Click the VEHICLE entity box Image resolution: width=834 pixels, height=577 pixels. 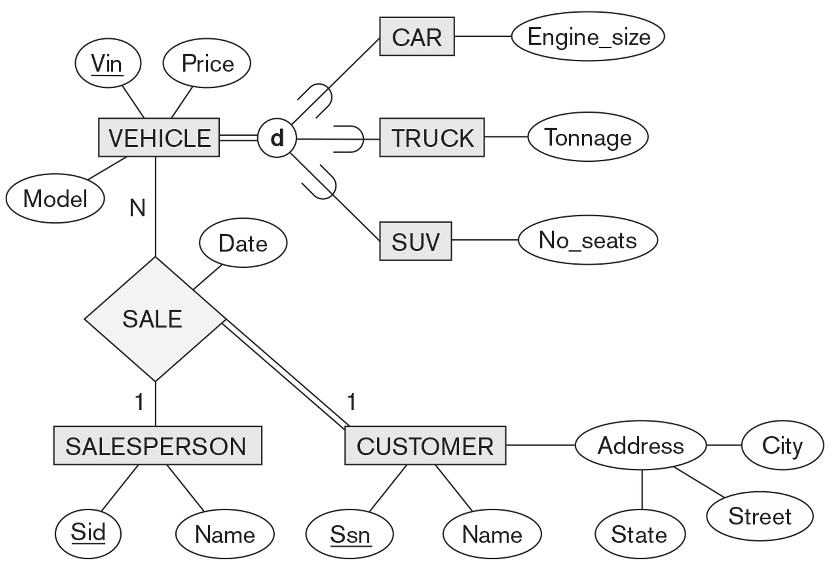coord(159,138)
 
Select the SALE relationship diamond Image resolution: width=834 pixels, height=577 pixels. coord(155,319)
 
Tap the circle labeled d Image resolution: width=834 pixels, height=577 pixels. coord(277,138)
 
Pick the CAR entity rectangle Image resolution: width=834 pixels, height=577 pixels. coord(417,37)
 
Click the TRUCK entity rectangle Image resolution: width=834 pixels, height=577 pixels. coord(432,138)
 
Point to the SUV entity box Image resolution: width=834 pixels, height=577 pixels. coord(415,241)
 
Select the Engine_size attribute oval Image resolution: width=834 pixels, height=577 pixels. coord(588,37)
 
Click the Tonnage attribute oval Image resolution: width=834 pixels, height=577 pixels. coord(587,137)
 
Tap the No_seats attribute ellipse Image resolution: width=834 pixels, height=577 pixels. coord(587,240)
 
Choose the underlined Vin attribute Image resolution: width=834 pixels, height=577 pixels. coord(108,63)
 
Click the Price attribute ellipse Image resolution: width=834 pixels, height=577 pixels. coord(207,63)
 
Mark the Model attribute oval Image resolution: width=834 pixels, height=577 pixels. coord(55,199)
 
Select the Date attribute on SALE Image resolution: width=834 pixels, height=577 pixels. coord(243,243)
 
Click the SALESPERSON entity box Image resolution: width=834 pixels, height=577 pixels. coord(157,446)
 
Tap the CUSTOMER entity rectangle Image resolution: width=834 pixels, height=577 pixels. coord(425,446)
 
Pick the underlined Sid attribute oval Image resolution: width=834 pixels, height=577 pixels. coord(88,533)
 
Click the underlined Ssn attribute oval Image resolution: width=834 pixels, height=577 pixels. coord(349,534)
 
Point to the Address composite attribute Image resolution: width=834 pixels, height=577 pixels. coord(640,445)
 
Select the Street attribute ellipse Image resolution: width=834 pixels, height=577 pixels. coord(760,516)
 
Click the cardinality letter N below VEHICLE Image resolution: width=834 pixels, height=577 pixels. coord(138,208)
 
